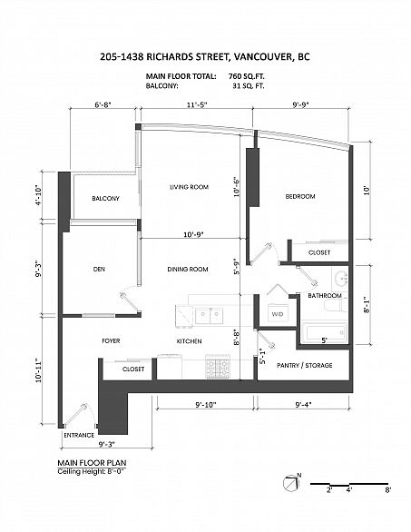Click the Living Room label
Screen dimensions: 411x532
click(189, 187)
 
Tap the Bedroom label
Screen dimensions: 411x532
click(300, 196)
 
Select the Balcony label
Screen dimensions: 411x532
click(105, 198)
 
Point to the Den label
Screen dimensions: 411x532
click(99, 269)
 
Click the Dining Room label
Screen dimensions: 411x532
click(188, 269)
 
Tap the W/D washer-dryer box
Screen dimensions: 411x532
click(278, 314)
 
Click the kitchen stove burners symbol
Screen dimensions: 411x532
click(218, 366)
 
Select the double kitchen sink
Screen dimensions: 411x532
click(209, 316)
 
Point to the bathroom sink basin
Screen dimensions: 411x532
click(340, 279)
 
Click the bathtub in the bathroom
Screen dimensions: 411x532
click(324, 332)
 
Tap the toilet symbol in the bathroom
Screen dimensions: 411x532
click(336, 305)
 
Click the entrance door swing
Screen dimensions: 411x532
click(78, 415)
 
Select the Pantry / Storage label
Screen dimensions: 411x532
click(304, 366)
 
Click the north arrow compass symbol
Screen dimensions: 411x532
click(291, 482)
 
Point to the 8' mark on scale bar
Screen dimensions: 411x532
click(388, 489)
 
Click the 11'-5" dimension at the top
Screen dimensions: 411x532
click(197, 104)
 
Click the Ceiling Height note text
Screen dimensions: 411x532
click(92, 471)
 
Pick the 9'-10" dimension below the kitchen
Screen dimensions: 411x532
click(206, 405)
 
